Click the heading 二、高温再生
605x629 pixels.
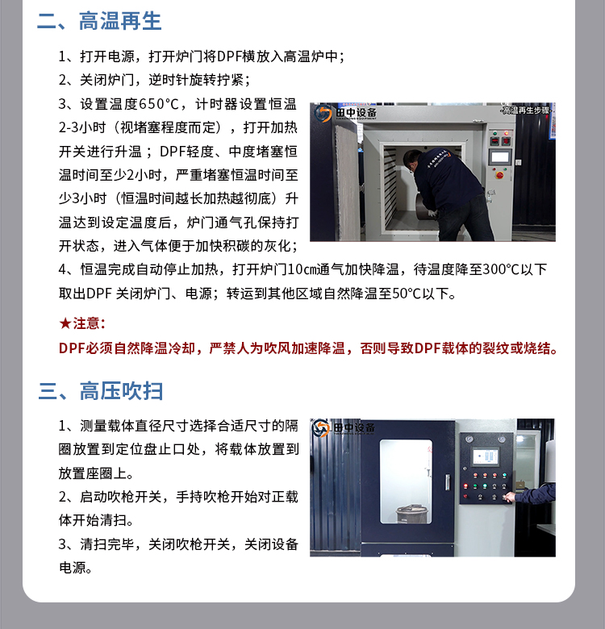coord(99,21)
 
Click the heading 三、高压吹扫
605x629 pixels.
coord(101,391)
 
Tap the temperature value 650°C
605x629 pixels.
coord(158,104)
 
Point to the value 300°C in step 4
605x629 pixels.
coord(501,269)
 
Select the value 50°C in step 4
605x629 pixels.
coord(407,294)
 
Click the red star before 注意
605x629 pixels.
coord(65,323)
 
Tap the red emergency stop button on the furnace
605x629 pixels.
coord(499,175)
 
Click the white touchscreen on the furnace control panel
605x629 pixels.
coord(500,156)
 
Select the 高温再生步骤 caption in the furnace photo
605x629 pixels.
coord(527,110)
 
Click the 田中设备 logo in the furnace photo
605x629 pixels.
coord(346,114)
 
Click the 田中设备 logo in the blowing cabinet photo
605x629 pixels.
coord(344,428)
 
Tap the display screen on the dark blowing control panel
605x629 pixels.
coord(486,456)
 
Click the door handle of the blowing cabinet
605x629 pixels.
coord(447,482)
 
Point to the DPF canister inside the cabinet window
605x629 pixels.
coord(411,514)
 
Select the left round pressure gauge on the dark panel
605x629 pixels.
coord(468,439)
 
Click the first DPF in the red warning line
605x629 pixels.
coord(72,348)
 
